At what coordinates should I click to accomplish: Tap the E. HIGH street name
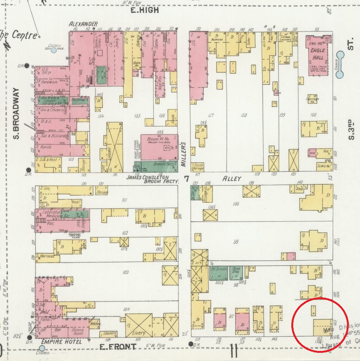pos(144,10)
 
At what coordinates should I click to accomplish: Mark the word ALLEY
pos(232,179)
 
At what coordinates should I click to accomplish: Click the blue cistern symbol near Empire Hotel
pos(42,349)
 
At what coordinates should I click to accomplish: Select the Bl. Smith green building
pos(218,273)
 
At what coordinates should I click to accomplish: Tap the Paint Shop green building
pos(236,273)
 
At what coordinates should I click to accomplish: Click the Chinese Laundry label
pos(285,39)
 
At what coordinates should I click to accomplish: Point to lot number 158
pos(244,115)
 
